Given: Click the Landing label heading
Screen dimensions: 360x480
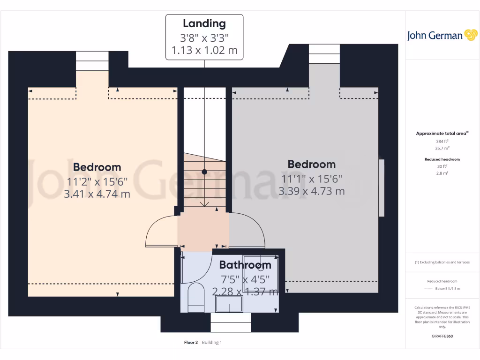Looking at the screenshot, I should [x=204, y=23].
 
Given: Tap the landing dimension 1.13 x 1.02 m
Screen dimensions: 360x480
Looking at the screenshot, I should [x=204, y=50].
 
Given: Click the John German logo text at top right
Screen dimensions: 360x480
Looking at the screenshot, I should [x=435, y=36].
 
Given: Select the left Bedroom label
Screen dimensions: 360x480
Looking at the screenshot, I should [x=97, y=167].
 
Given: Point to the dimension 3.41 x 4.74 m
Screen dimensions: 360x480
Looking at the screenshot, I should [x=97, y=194].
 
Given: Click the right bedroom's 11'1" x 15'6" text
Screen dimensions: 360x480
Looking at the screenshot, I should [x=312, y=179].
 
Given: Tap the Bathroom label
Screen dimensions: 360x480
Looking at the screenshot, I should [x=245, y=265].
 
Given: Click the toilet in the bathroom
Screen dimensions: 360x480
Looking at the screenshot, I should [x=195, y=296].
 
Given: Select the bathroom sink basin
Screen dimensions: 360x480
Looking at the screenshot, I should [x=229, y=305].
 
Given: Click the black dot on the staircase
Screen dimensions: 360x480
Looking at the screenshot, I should [x=204, y=172].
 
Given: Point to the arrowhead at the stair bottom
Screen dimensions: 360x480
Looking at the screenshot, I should [x=204, y=204].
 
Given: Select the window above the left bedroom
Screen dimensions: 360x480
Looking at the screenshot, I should [x=92, y=61].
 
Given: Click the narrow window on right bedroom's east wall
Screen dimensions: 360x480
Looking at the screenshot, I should [x=381, y=188].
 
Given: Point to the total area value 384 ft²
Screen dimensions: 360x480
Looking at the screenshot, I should [x=442, y=141].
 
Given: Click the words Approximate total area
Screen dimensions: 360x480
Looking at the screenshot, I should [x=441, y=134].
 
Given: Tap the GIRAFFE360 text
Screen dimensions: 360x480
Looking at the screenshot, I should [x=442, y=336].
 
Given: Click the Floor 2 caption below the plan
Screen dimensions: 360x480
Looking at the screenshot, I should [x=191, y=343].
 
